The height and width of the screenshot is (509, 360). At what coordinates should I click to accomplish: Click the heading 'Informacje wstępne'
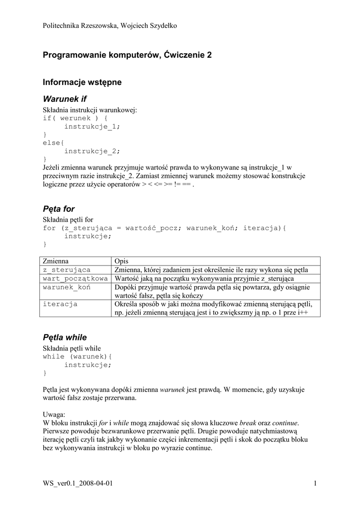coord(82,82)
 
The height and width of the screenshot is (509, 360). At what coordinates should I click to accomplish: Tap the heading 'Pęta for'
coord(59,209)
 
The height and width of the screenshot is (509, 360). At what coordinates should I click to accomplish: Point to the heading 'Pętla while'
coord(65,337)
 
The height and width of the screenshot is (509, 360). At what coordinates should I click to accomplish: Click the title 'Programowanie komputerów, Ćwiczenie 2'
coord(127,55)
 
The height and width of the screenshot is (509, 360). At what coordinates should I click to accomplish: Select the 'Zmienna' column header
coord(56,261)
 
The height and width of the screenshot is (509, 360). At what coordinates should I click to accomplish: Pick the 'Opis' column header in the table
coord(121,261)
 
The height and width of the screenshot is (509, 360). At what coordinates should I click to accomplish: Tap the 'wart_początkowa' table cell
coord(76,278)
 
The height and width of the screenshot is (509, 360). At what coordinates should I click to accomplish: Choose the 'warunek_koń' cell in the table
coord(67,287)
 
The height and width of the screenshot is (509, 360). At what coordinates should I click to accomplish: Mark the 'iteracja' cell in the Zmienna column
coord(60,303)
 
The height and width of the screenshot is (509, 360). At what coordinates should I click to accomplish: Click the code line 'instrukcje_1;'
coord(92,126)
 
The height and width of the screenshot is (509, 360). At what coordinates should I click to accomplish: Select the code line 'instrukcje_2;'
coord(92,151)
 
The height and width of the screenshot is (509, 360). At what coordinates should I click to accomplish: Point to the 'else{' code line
coord(52,143)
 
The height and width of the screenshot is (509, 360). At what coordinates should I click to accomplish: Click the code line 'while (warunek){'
coord(78,356)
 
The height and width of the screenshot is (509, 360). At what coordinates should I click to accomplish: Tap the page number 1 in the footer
coord(316,483)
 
